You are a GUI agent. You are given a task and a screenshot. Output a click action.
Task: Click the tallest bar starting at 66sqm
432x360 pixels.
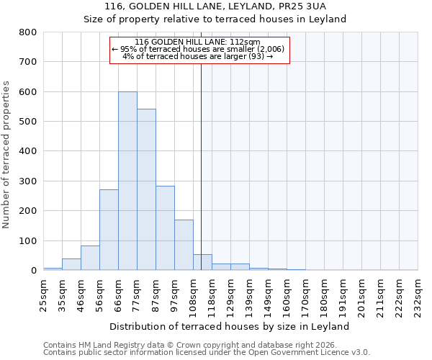127,181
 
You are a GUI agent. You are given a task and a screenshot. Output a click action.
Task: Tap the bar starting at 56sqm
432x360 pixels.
109,230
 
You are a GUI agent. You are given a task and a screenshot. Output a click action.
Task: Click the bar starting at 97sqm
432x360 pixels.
184,245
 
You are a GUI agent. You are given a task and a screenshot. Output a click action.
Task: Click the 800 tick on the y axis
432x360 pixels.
27,32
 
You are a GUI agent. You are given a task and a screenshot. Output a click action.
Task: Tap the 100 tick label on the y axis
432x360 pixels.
27,240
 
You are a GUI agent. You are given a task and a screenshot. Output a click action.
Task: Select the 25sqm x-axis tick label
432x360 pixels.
43,293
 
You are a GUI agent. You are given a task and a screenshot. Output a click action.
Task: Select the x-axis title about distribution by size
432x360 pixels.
230,326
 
